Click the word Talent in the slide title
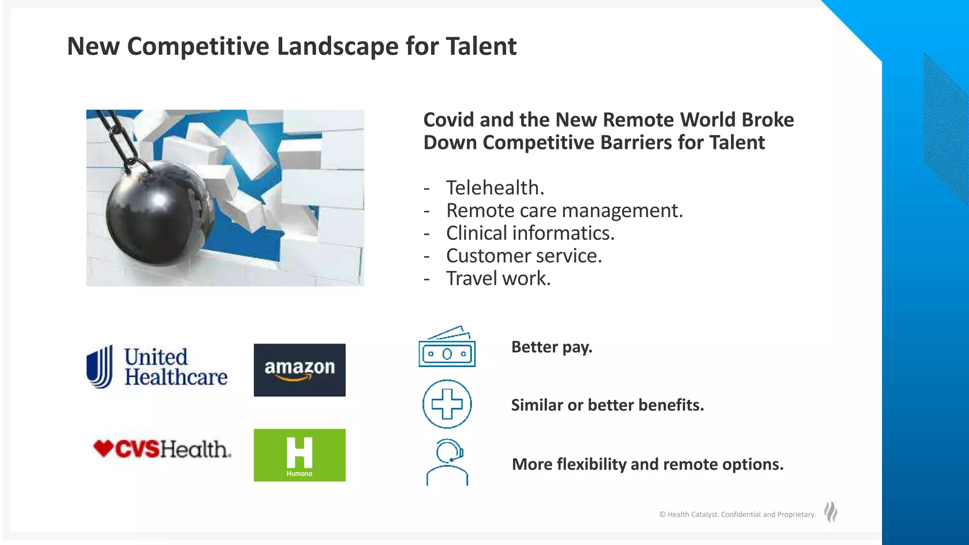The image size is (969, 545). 481,46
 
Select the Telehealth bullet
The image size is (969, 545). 495,188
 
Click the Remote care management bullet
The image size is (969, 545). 564,211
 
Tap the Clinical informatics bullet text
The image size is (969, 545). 530,233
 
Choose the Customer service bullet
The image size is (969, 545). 524,256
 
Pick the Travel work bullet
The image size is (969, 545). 498,279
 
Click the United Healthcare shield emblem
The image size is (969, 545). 100,367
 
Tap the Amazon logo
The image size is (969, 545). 300,370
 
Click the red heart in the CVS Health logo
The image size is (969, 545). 103,448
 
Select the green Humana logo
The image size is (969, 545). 300,455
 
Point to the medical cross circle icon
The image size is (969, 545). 447,404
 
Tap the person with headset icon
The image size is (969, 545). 447,462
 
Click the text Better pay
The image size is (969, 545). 552,347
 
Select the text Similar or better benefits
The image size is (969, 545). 608,405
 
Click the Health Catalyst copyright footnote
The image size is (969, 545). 737,514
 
